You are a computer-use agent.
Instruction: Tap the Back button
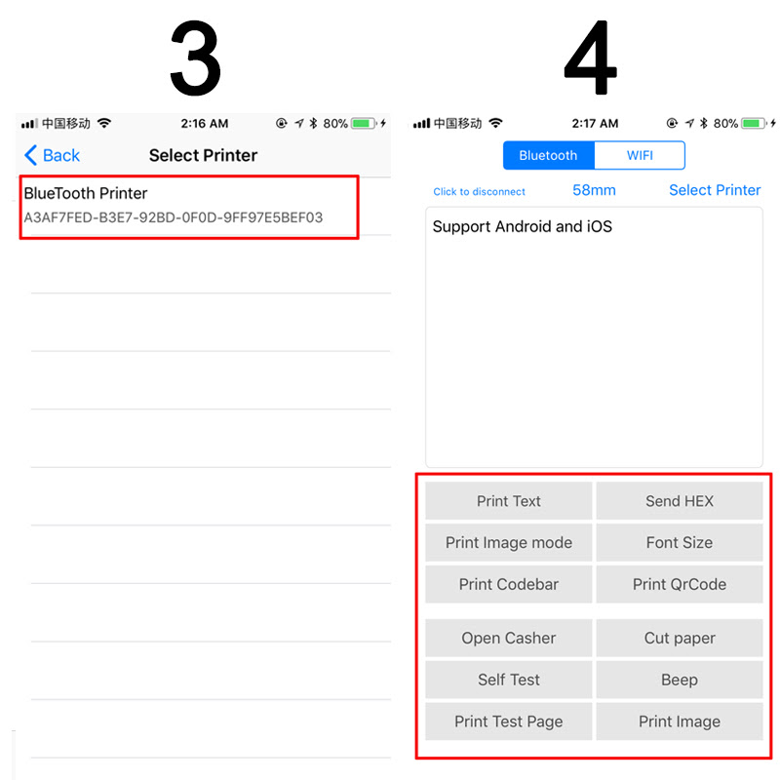click(53, 155)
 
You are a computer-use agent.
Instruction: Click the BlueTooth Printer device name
click(86, 193)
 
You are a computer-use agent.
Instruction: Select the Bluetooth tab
click(548, 155)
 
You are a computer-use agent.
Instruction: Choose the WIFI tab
click(640, 155)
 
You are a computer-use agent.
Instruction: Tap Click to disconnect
click(479, 191)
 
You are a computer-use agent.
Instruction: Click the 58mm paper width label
click(594, 190)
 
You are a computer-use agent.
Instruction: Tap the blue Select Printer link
click(715, 190)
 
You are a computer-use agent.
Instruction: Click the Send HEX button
click(680, 501)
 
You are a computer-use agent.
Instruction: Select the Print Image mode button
click(508, 542)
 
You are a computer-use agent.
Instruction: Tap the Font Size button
click(680, 542)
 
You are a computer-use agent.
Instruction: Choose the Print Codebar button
click(508, 584)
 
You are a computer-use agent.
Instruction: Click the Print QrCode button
click(680, 584)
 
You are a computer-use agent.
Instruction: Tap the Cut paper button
click(680, 638)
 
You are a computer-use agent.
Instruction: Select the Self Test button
click(508, 680)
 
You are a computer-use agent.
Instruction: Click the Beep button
click(680, 680)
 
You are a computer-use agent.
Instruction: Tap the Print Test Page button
click(508, 721)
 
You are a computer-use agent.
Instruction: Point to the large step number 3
click(195, 58)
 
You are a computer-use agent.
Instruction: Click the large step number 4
click(591, 58)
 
